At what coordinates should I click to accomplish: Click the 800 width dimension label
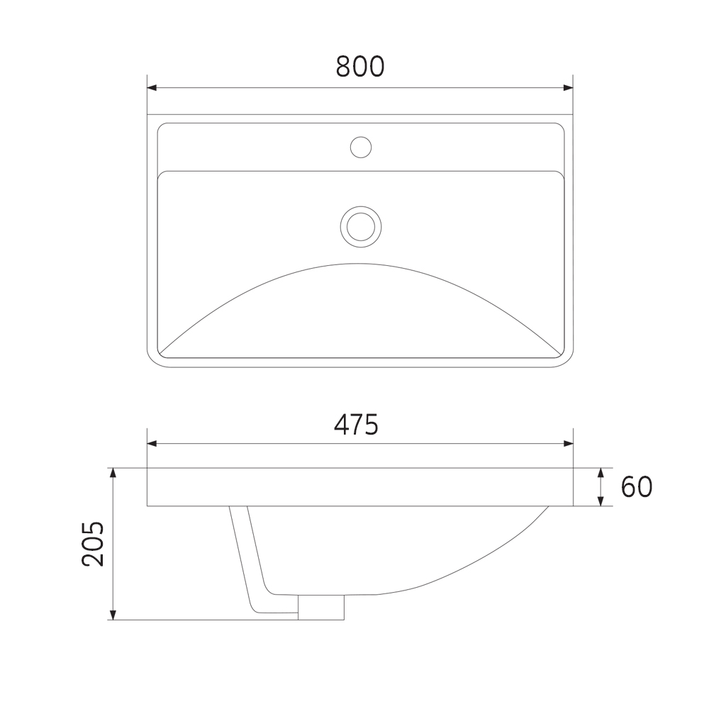coord(360,67)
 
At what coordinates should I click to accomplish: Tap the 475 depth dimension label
coord(356,425)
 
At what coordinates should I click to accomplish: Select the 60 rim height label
coord(636,487)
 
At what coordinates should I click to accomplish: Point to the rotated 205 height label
coord(93,544)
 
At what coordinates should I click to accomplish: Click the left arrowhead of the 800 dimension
coord(152,87)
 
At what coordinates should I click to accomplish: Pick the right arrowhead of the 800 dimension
coord(569,87)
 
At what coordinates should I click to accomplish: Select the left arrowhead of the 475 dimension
coord(152,444)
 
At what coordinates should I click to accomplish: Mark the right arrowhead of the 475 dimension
coord(569,444)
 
